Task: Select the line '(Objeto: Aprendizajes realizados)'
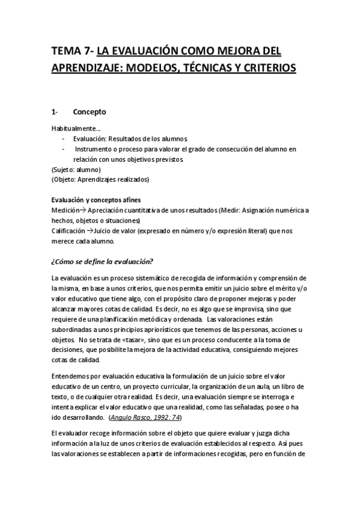100,179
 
